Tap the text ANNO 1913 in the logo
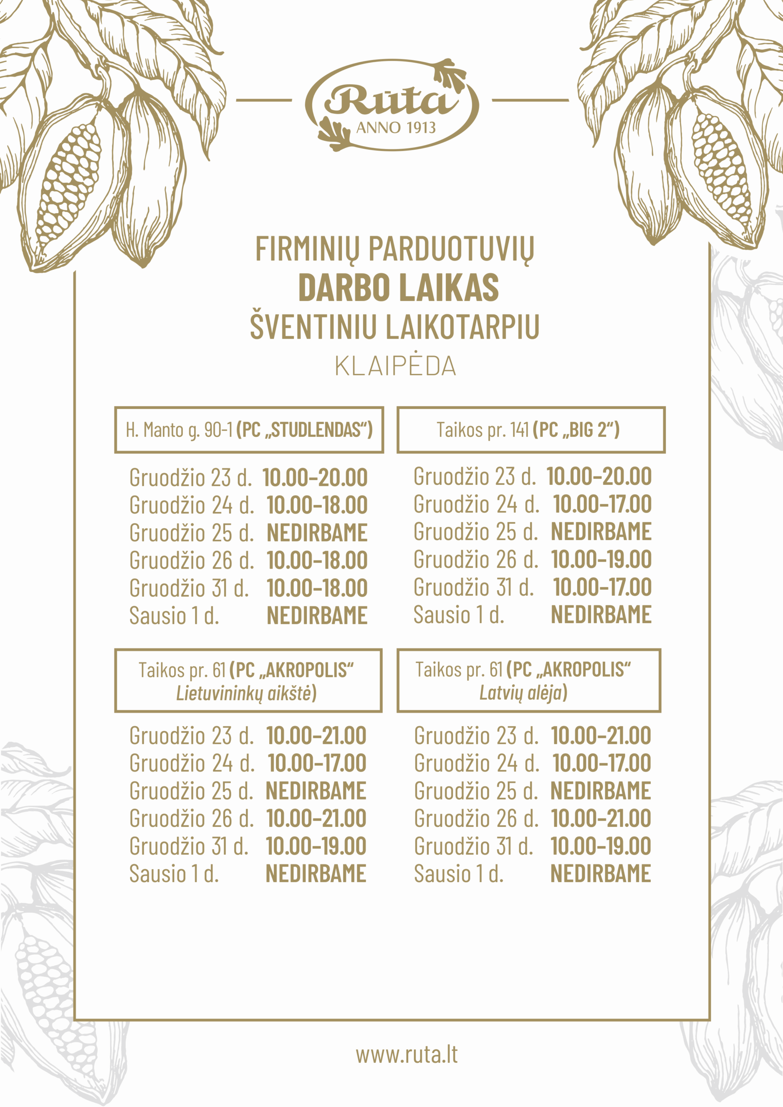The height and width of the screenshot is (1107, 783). [x=396, y=128]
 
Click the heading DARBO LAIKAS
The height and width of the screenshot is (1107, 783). [x=398, y=288]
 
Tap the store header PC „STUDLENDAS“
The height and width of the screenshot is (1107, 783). [x=305, y=429]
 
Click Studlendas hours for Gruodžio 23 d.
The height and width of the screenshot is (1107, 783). [x=315, y=477]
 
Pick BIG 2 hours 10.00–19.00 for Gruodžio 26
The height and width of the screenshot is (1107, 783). [x=601, y=559]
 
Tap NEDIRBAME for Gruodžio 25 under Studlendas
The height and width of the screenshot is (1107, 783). [x=317, y=533]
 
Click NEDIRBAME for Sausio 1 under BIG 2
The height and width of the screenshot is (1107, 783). [x=601, y=615]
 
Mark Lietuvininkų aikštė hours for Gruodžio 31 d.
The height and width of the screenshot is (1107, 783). [x=316, y=846]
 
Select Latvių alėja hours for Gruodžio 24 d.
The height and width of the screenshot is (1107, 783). [x=601, y=763]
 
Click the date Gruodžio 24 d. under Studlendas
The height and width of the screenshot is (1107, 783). [x=192, y=506]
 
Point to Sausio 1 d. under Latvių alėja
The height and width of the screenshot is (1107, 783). [x=459, y=873]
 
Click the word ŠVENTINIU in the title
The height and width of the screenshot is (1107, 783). [x=313, y=327]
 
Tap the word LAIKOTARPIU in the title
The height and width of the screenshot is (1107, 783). [x=463, y=327]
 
